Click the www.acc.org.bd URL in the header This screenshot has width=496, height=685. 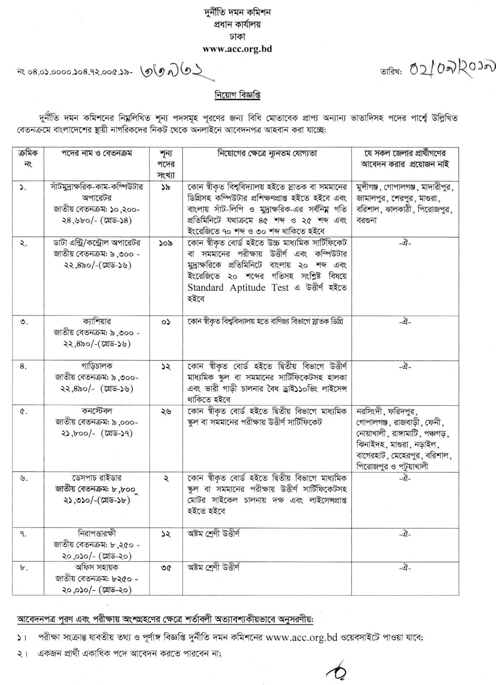click(x=237, y=49)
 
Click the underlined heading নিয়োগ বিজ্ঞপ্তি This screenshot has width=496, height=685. click(x=237, y=95)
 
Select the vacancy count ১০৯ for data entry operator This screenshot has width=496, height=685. click(x=166, y=243)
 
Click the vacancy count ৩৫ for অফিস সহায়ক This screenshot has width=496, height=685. click(x=166, y=568)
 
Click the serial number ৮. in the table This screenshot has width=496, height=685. click(x=24, y=568)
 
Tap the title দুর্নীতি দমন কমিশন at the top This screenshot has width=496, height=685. click(x=237, y=13)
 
